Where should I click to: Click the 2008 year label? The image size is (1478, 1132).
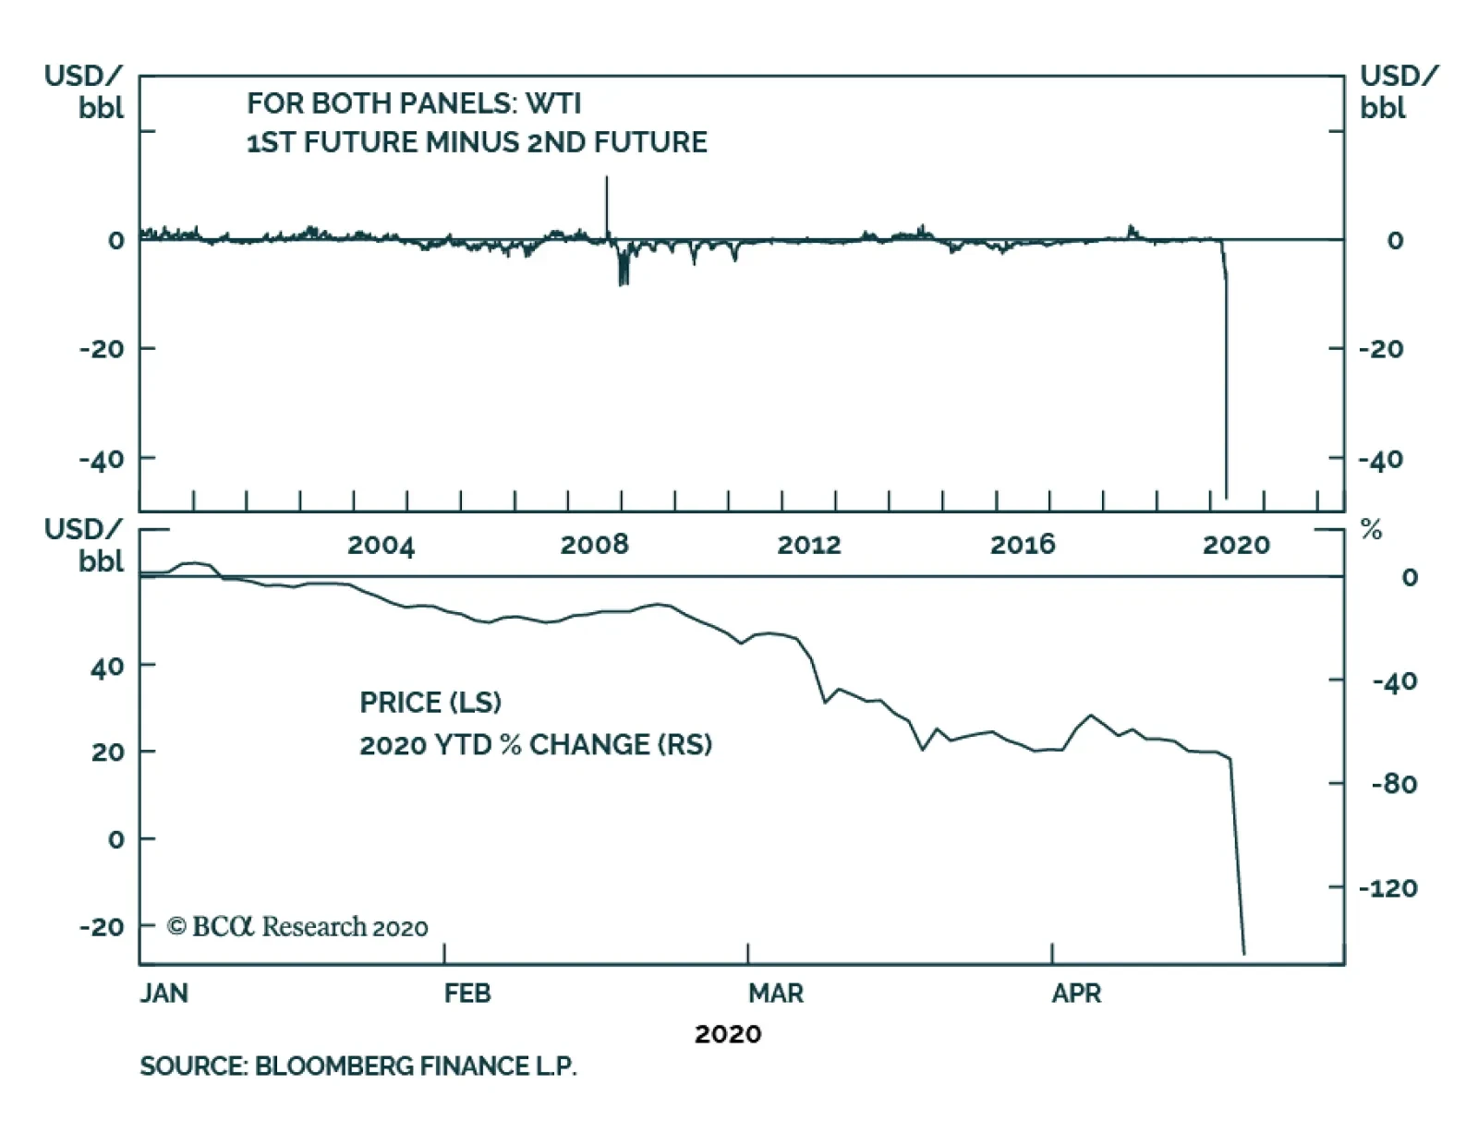(594, 545)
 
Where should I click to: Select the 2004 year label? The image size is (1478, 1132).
(381, 545)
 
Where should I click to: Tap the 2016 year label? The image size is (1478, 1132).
(1023, 545)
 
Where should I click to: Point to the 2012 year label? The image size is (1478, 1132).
(808, 545)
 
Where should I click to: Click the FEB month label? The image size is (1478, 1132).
(466, 994)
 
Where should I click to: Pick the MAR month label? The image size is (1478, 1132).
(775, 994)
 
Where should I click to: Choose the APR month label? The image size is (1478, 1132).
(1076, 994)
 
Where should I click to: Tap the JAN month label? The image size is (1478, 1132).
(164, 994)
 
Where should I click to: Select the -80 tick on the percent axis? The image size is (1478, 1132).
(1394, 785)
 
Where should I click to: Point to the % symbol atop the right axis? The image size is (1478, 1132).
(1372, 530)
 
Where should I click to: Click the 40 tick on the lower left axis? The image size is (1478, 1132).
(107, 666)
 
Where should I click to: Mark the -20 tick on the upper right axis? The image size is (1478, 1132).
(1381, 349)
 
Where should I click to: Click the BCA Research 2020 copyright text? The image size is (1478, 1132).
(297, 926)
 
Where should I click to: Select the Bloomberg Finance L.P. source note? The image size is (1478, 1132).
(358, 1066)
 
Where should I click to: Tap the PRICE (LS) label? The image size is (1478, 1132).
(430, 703)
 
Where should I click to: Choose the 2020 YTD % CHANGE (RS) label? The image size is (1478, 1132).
(536, 745)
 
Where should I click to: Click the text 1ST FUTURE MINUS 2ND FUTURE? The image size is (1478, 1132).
(477, 143)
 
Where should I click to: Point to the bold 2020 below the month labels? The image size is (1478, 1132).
(728, 1034)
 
